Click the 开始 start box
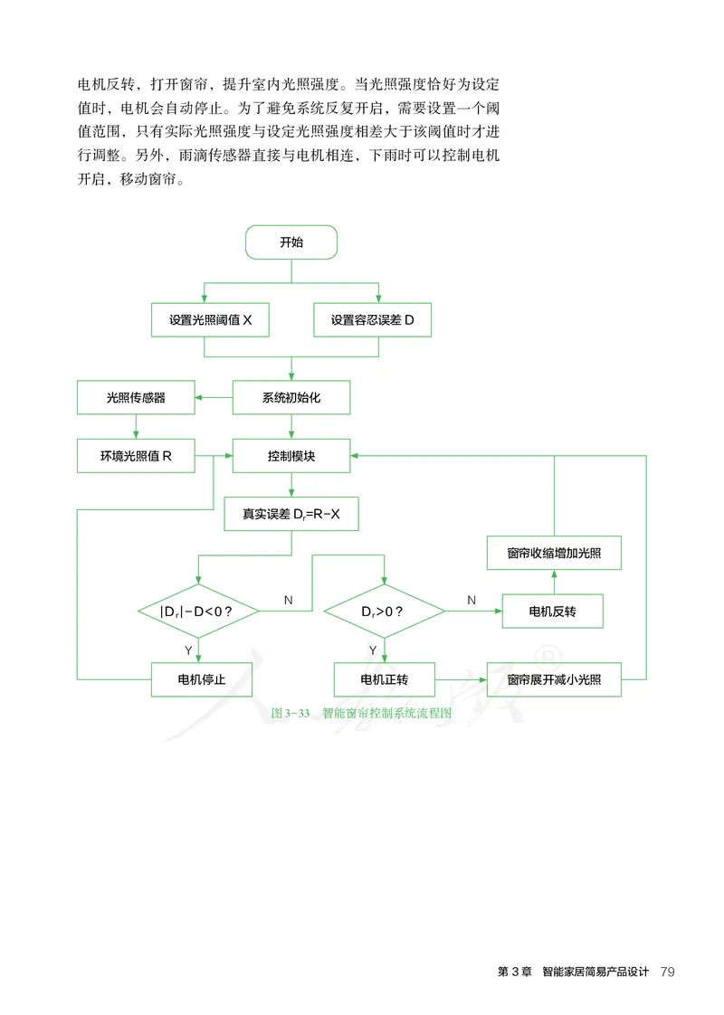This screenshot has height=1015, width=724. point(291,242)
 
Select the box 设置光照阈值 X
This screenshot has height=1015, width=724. point(210,320)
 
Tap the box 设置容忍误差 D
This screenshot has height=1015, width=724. point(372,320)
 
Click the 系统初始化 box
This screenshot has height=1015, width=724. point(291,397)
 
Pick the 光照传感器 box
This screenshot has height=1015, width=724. point(136,397)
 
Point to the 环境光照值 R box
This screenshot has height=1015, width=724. point(136,457)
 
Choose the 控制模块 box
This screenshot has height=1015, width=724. point(291,457)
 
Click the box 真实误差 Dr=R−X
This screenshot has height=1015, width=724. point(291,515)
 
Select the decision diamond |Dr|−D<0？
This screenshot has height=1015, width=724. point(198,612)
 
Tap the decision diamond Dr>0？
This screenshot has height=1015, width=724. point(384,612)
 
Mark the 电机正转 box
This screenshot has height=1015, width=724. point(384,679)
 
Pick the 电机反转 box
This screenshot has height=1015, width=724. point(553,612)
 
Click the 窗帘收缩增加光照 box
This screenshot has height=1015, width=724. point(554,553)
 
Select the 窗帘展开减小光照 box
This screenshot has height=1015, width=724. point(554,679)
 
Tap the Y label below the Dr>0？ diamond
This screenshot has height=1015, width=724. point(373,650)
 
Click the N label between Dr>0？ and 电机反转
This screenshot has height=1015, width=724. point(472,600)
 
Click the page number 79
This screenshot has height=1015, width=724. point(668,972)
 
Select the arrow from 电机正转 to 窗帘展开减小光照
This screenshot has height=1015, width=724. point(461,679)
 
